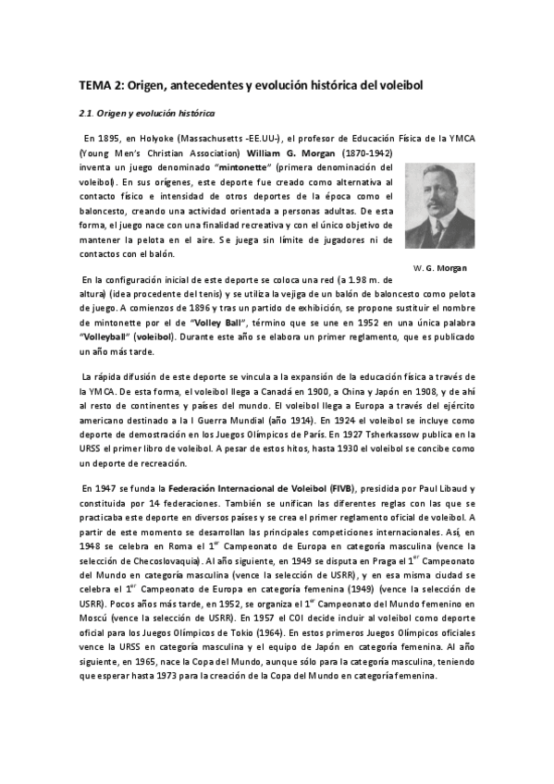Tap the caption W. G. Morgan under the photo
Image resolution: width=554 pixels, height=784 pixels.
[440, 268]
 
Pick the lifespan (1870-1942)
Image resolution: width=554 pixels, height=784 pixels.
[367, 152]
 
